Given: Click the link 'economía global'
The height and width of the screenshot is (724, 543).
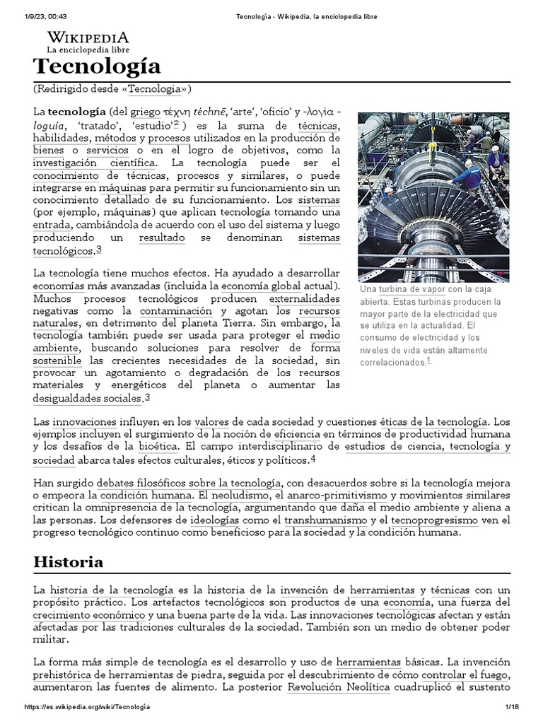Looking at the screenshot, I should pyautogui.click(x=251, y=286).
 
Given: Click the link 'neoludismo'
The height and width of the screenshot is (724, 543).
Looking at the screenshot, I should pyautogui.click(x=240, y=496).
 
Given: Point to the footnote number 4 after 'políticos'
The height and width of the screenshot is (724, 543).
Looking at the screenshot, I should pyautogui.click(x=313, y=458).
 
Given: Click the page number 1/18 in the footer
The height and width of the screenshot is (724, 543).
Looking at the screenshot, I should pyautogui.click(x=511, y=708).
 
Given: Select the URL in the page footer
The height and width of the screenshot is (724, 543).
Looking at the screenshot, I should pyautogui.click(x=87, y=708).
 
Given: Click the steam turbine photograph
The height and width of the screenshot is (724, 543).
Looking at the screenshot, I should pyautogui.click(x=433, y=197).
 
